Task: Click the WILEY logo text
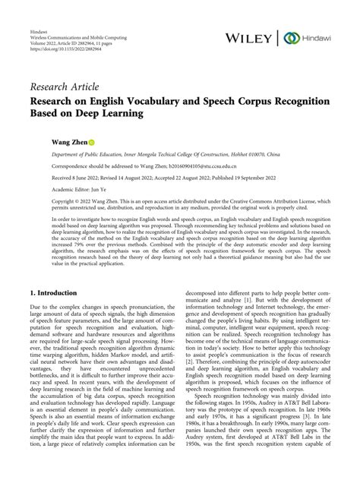pos(247,37)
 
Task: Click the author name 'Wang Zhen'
pos(67,142)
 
